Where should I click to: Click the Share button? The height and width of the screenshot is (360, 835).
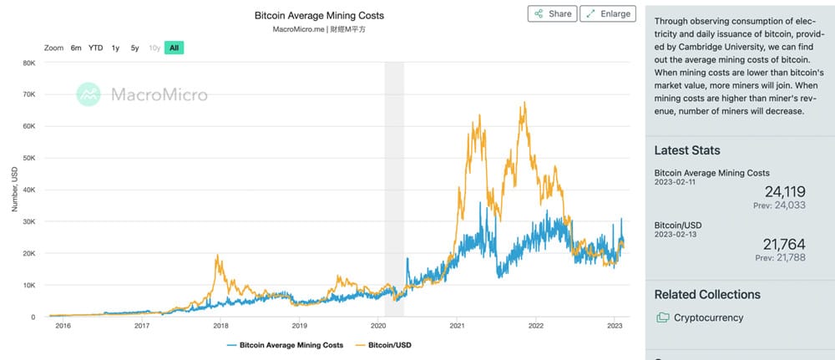551,14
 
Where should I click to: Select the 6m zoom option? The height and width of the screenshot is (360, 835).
76,48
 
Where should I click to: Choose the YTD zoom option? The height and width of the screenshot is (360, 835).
96,48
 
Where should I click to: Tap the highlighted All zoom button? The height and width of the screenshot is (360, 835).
174,48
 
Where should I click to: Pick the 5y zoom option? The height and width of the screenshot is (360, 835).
134,48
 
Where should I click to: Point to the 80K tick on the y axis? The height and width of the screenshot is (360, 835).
28,63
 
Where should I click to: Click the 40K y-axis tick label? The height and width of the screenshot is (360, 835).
28,190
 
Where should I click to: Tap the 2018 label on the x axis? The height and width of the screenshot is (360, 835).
221,326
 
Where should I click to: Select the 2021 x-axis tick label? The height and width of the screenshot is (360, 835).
457,326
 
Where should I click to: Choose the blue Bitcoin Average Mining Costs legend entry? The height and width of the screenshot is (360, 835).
286,344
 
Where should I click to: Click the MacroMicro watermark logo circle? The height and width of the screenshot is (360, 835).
89,94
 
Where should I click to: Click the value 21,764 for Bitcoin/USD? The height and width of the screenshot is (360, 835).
784,244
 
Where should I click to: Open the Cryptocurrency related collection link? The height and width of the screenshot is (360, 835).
708,317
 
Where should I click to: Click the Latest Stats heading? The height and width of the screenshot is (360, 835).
687,150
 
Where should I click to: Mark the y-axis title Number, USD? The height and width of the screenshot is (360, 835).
14,189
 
